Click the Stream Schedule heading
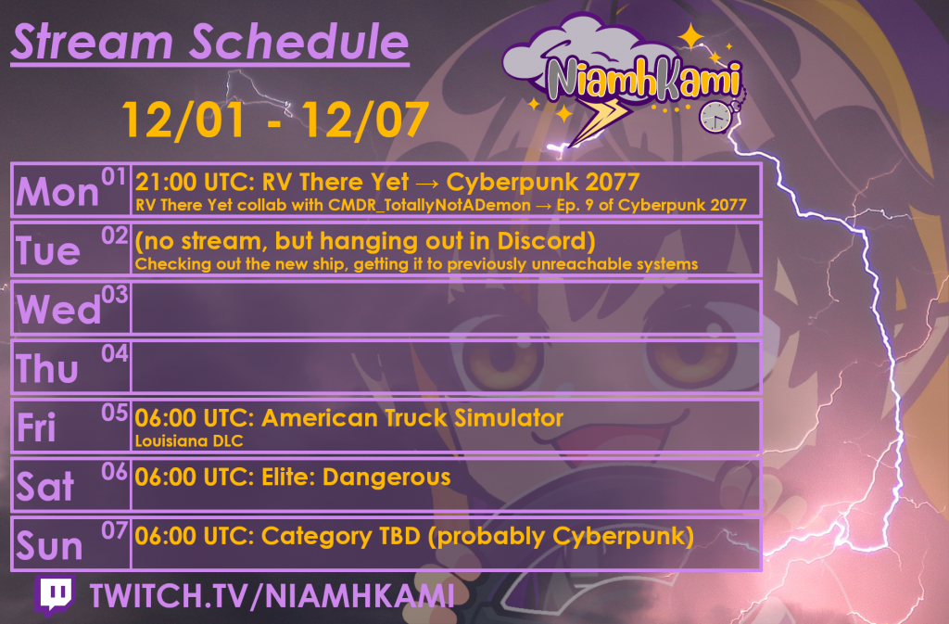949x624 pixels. pos(209,42)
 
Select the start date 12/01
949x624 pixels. pos(172,120)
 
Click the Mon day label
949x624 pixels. pos(57,191)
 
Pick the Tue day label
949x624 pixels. pos(48,250)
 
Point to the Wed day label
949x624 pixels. pos(58,310)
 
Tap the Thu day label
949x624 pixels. pos(47,369)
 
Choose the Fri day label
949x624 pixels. pos(37,427)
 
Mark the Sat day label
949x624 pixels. pos(44,487)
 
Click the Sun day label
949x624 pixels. pos(49,546)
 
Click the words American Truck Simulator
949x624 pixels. pos(412,418)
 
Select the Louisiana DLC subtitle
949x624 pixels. pos(189,441)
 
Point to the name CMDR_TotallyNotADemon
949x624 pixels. pos(413,204)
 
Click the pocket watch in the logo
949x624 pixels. pos(715,115)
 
